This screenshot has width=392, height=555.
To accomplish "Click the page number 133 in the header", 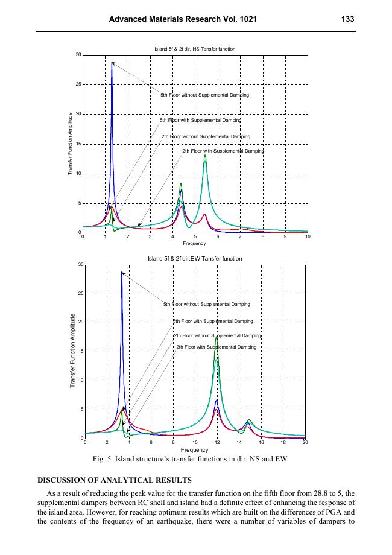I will click(347, 19).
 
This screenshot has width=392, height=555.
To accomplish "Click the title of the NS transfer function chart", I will click(195, 48).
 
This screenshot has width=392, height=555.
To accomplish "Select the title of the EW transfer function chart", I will click(195, 258).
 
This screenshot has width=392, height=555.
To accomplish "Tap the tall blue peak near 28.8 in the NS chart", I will click(112, 62).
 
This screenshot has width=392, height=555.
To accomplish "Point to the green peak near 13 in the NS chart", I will click(205, 156).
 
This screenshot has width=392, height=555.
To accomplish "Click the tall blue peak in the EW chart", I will click(122, 273).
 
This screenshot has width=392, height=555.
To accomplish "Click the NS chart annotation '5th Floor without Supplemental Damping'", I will click(204, 95).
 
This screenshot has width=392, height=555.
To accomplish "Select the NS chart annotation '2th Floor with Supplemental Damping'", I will click(223, 151).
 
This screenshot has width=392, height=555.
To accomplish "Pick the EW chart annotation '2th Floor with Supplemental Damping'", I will click(217, 347).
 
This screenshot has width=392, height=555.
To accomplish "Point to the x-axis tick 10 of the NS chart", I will click(308, 238).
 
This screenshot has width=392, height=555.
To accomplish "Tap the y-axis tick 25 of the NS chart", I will click(78, 84).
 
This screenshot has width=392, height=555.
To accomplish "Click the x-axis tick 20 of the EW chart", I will click(305, 443).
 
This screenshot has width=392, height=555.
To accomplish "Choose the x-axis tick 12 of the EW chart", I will click(217, 443).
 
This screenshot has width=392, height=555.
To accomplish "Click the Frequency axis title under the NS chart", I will click(195, 243).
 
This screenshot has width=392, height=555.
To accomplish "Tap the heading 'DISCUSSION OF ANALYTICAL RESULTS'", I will click(115, 480).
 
